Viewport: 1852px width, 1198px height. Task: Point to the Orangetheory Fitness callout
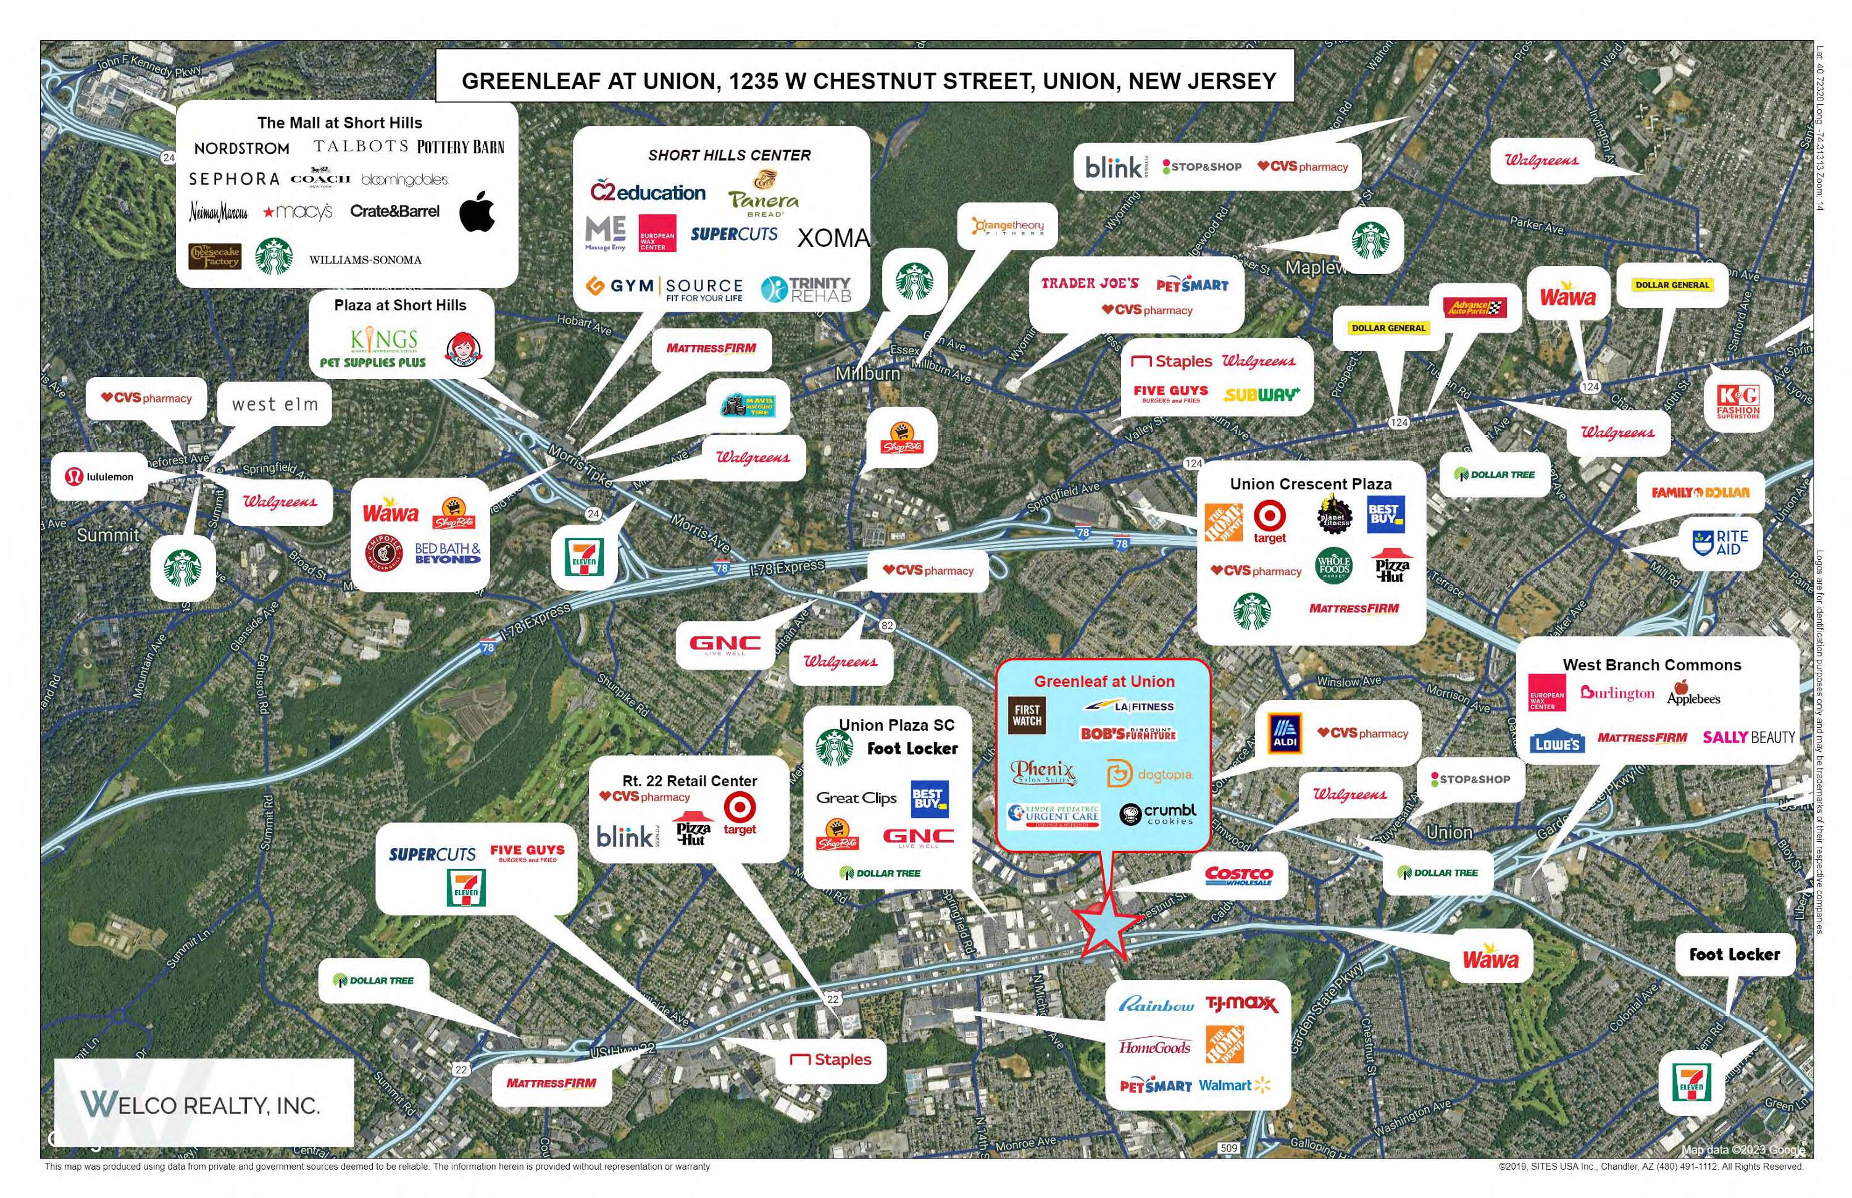point(1007,227)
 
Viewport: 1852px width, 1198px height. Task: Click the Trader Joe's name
point(1090,283)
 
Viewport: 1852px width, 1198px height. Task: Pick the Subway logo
point(1261,394)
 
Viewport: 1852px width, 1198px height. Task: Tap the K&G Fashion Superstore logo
point(1738,401)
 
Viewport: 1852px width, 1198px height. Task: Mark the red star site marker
point(1105,926)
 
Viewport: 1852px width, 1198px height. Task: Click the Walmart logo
point(1233,1085)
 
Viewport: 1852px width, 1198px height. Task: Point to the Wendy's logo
point(464,349)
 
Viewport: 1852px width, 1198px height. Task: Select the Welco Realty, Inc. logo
point(201,1104)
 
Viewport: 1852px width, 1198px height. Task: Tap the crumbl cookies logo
point(1157,813)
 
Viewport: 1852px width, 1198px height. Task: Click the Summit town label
point(107,535)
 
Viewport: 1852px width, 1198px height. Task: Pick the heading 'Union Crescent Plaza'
point(1311,484)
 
